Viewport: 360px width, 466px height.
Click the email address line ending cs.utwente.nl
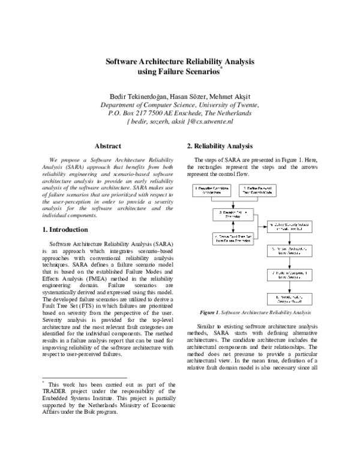pyautogui.click(x=180, y=121)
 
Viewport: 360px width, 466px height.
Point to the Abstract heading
pyautogui.click(x=108, y=146)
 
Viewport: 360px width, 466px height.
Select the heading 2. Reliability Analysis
pyautogui.click(x=219, y=146)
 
